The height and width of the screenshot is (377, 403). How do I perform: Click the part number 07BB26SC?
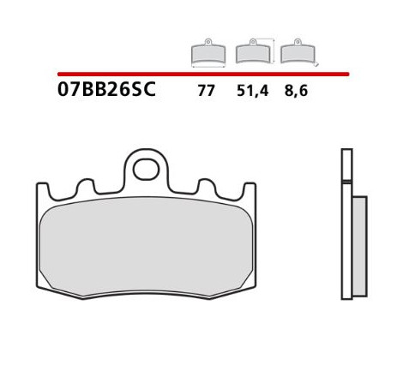coord(106,89)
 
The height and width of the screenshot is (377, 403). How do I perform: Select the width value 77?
coord(206,91)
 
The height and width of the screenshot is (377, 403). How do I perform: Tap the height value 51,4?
coord(253,91)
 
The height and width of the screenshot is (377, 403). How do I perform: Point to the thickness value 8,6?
coord(296,91)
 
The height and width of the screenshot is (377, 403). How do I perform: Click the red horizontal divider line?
coord(203,75)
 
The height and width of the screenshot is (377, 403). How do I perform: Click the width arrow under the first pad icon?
coord(208,67)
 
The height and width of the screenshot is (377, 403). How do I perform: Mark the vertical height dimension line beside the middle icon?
coord(274,51)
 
